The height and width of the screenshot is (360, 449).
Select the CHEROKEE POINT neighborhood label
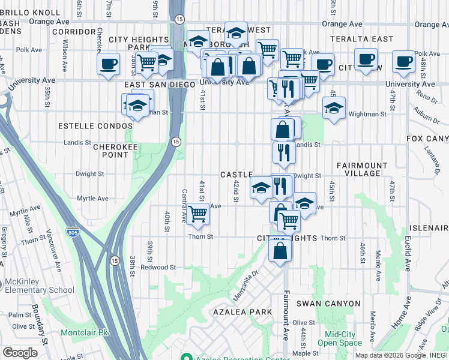[x=103, y=150]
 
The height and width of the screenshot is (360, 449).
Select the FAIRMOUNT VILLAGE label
[x=358, y=169]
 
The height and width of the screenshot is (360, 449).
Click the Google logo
[x=20, y=353]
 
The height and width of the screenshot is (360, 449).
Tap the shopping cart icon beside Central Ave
[x=198, y=214]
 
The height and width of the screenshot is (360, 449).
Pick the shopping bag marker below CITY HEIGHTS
[x=281, y=248]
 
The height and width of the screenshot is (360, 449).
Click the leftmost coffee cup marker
[x=109, y=62]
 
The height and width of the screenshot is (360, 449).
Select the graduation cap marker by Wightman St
[x=334, y=108]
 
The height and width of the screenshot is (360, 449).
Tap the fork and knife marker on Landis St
[x=284, y=152]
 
